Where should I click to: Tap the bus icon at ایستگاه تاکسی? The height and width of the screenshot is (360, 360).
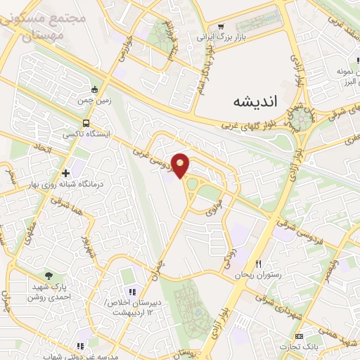coord(86,122)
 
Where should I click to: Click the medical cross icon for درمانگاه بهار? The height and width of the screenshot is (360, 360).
coord(65,172)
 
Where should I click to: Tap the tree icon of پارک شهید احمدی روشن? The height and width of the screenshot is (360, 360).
coord(48,276)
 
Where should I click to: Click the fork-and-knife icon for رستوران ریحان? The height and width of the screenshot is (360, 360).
coord(258,264)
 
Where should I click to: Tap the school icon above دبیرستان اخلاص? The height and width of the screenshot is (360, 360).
coord(129,292)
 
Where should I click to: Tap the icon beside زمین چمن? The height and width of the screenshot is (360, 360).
coord(95,89)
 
